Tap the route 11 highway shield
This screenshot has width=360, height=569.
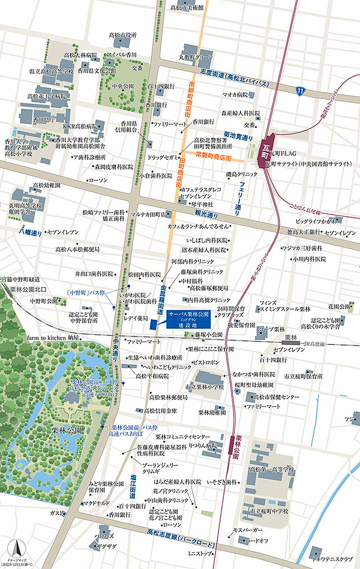[x=300, y=91]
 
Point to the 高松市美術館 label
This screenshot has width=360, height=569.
[x=186, y=8]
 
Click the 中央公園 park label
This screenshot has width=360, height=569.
[x=123, y=86]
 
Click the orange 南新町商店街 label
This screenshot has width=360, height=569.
[x=192, y=98]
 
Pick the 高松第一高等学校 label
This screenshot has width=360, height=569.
[x=272, y=469]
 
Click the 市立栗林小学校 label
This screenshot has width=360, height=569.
[x=204, y=387]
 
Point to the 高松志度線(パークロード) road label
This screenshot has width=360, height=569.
[x=180, y=539]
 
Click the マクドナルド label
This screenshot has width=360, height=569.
[x=95, y=503]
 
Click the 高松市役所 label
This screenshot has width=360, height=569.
[x=122, y=35]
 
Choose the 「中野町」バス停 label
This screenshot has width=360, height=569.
[x=86, y=293]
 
